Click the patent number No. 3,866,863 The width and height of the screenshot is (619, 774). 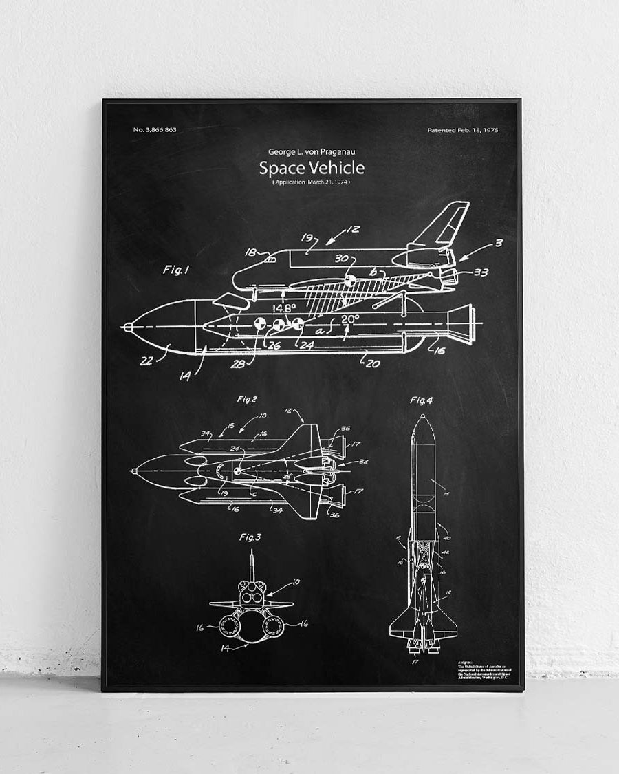click(x=155, y=130)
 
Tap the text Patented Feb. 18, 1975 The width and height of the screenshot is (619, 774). click(x=463, y=130)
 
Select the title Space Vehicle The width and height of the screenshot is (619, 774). click(x=312, y=168)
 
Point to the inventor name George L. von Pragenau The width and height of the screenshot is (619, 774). click(x=312, y=151)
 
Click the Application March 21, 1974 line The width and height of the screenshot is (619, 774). click(x=312, y=182)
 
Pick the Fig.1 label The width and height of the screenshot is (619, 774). click(x=175, y=270)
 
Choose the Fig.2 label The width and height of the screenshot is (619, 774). click(x=247, y=399)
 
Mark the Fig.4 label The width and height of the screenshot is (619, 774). click(x=421, y=400)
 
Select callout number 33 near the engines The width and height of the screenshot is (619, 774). click(x=481, y=272)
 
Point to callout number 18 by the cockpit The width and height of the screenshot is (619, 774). click(x=250, y=252)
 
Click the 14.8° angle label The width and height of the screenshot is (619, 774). click(x=283, y=308)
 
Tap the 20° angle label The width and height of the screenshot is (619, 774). click(x=350, y=319)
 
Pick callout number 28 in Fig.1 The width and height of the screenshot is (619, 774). click(x=237, y=363)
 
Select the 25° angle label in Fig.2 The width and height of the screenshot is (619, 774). click(x=287, y=475)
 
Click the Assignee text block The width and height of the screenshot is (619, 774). click(x=487, y=671)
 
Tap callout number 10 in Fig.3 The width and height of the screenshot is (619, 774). click(x=296, y=582)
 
